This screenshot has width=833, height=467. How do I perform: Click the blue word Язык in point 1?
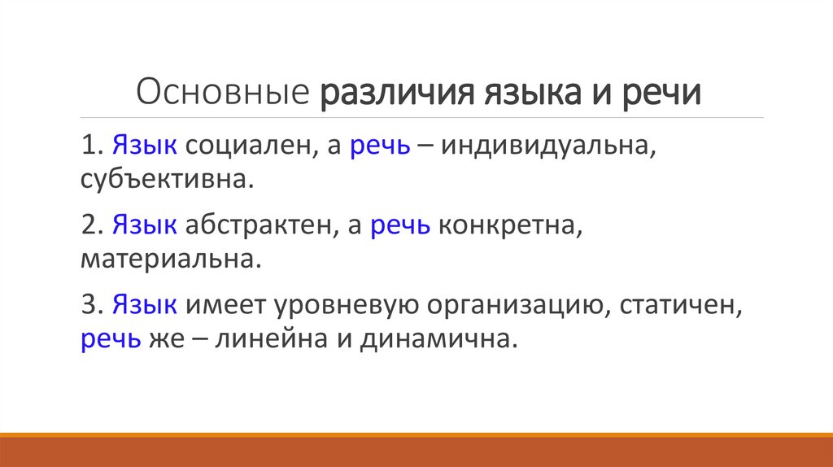coord(145,147)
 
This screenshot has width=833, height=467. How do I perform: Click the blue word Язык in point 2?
coord(145,227)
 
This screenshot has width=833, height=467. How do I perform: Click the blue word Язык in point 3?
coord(145,306)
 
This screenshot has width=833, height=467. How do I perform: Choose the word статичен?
coord(678,306)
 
